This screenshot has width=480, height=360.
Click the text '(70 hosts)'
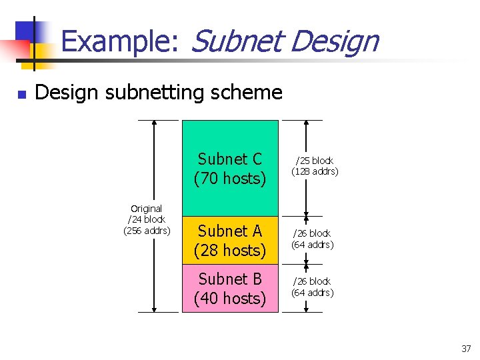pos(230,179)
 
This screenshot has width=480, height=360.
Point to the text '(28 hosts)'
pos(230,250)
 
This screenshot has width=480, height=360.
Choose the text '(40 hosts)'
pos(230,298)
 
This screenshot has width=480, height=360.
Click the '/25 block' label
pos(314,161)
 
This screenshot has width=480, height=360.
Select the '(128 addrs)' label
pos(314,171)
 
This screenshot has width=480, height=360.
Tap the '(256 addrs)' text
pos(147,231)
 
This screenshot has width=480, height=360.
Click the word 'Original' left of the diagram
pos(146,209)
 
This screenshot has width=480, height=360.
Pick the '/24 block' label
pos(146,219)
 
